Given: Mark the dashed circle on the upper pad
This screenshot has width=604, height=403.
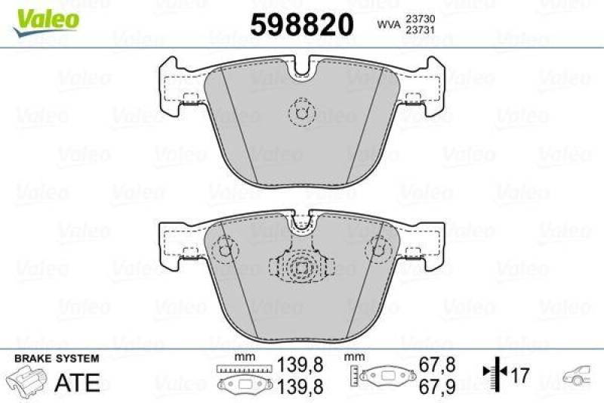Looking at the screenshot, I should pyautogui.click(x=303, y=114).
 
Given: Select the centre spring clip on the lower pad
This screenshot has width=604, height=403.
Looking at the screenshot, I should pyautogui.click(x=302, y=268).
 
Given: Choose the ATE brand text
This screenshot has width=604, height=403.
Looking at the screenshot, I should pyautogui.click(x=78, y=382).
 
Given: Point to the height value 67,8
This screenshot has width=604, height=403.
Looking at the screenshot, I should pyautogui.click(x=436, y=364).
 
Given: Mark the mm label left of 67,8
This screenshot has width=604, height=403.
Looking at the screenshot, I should pyautogui.click(x=353, y=355).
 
